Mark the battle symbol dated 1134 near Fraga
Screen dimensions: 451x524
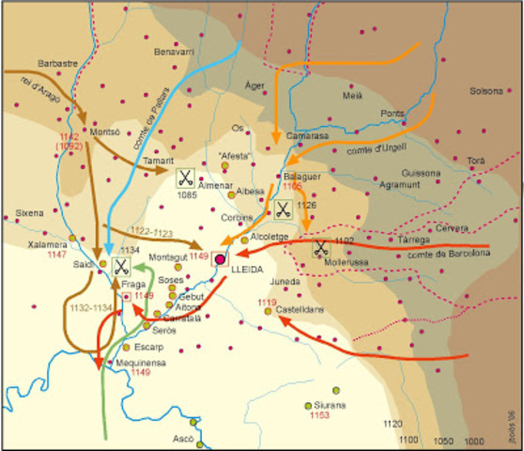coord(121,266)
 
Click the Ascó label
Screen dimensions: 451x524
coord(183,439)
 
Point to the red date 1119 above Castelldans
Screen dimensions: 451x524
coord(269,302)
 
